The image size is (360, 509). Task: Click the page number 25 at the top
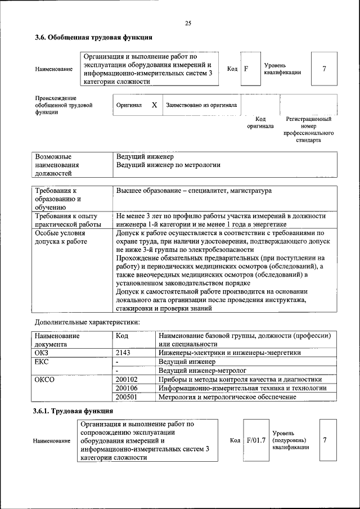tap(188, 23)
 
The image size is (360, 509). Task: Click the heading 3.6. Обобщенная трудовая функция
tap(93, 38)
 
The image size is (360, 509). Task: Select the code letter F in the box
tap(246, 69)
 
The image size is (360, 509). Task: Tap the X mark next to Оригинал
tap(154, 105)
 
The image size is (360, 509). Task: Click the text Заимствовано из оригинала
tap(201, 105)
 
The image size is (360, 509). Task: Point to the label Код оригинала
tap(260, 123)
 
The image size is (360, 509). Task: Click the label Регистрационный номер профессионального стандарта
tap(308, 129)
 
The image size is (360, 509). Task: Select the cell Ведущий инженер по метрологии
tap(168, 165)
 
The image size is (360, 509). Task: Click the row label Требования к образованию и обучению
tap(58, 199)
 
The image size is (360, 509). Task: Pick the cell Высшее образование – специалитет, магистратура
tap(193, 191)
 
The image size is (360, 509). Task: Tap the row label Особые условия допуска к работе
tap(61, 237)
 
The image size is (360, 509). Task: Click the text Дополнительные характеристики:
tap(87, 322)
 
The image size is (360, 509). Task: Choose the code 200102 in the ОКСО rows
tap(127, 380)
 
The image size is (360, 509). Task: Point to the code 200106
tap(127, 389)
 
